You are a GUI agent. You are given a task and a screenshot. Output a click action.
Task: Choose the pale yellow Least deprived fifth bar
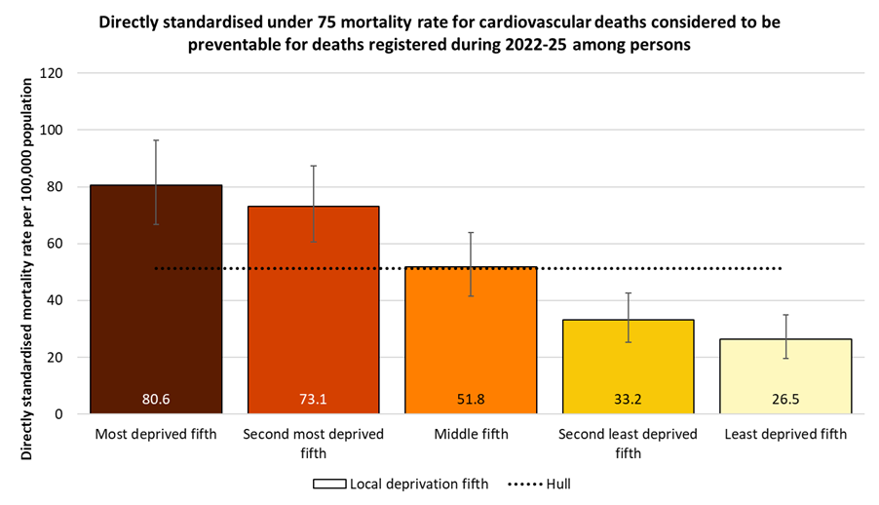pos(785,370)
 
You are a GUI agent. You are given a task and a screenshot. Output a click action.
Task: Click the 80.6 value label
pos(156,400)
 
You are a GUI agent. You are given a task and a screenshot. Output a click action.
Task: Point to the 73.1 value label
pos(314,400)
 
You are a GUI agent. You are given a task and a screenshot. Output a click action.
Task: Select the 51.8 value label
pos(471,400)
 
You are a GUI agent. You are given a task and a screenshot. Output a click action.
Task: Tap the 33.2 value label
pos(628,400)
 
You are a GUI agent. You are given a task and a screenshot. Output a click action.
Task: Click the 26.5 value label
pos(785,400)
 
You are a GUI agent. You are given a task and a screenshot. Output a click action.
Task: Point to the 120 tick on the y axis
pos(53,73)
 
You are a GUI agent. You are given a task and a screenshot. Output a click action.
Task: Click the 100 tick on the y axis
pos(53,131)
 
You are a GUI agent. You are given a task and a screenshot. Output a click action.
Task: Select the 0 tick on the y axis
pos(59,414)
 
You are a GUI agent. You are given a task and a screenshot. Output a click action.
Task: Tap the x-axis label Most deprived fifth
pos(156,434)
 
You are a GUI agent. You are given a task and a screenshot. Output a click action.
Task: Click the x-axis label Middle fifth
pos(471,434)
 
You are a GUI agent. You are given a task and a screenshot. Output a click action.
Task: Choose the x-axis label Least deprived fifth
pos(785,434)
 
